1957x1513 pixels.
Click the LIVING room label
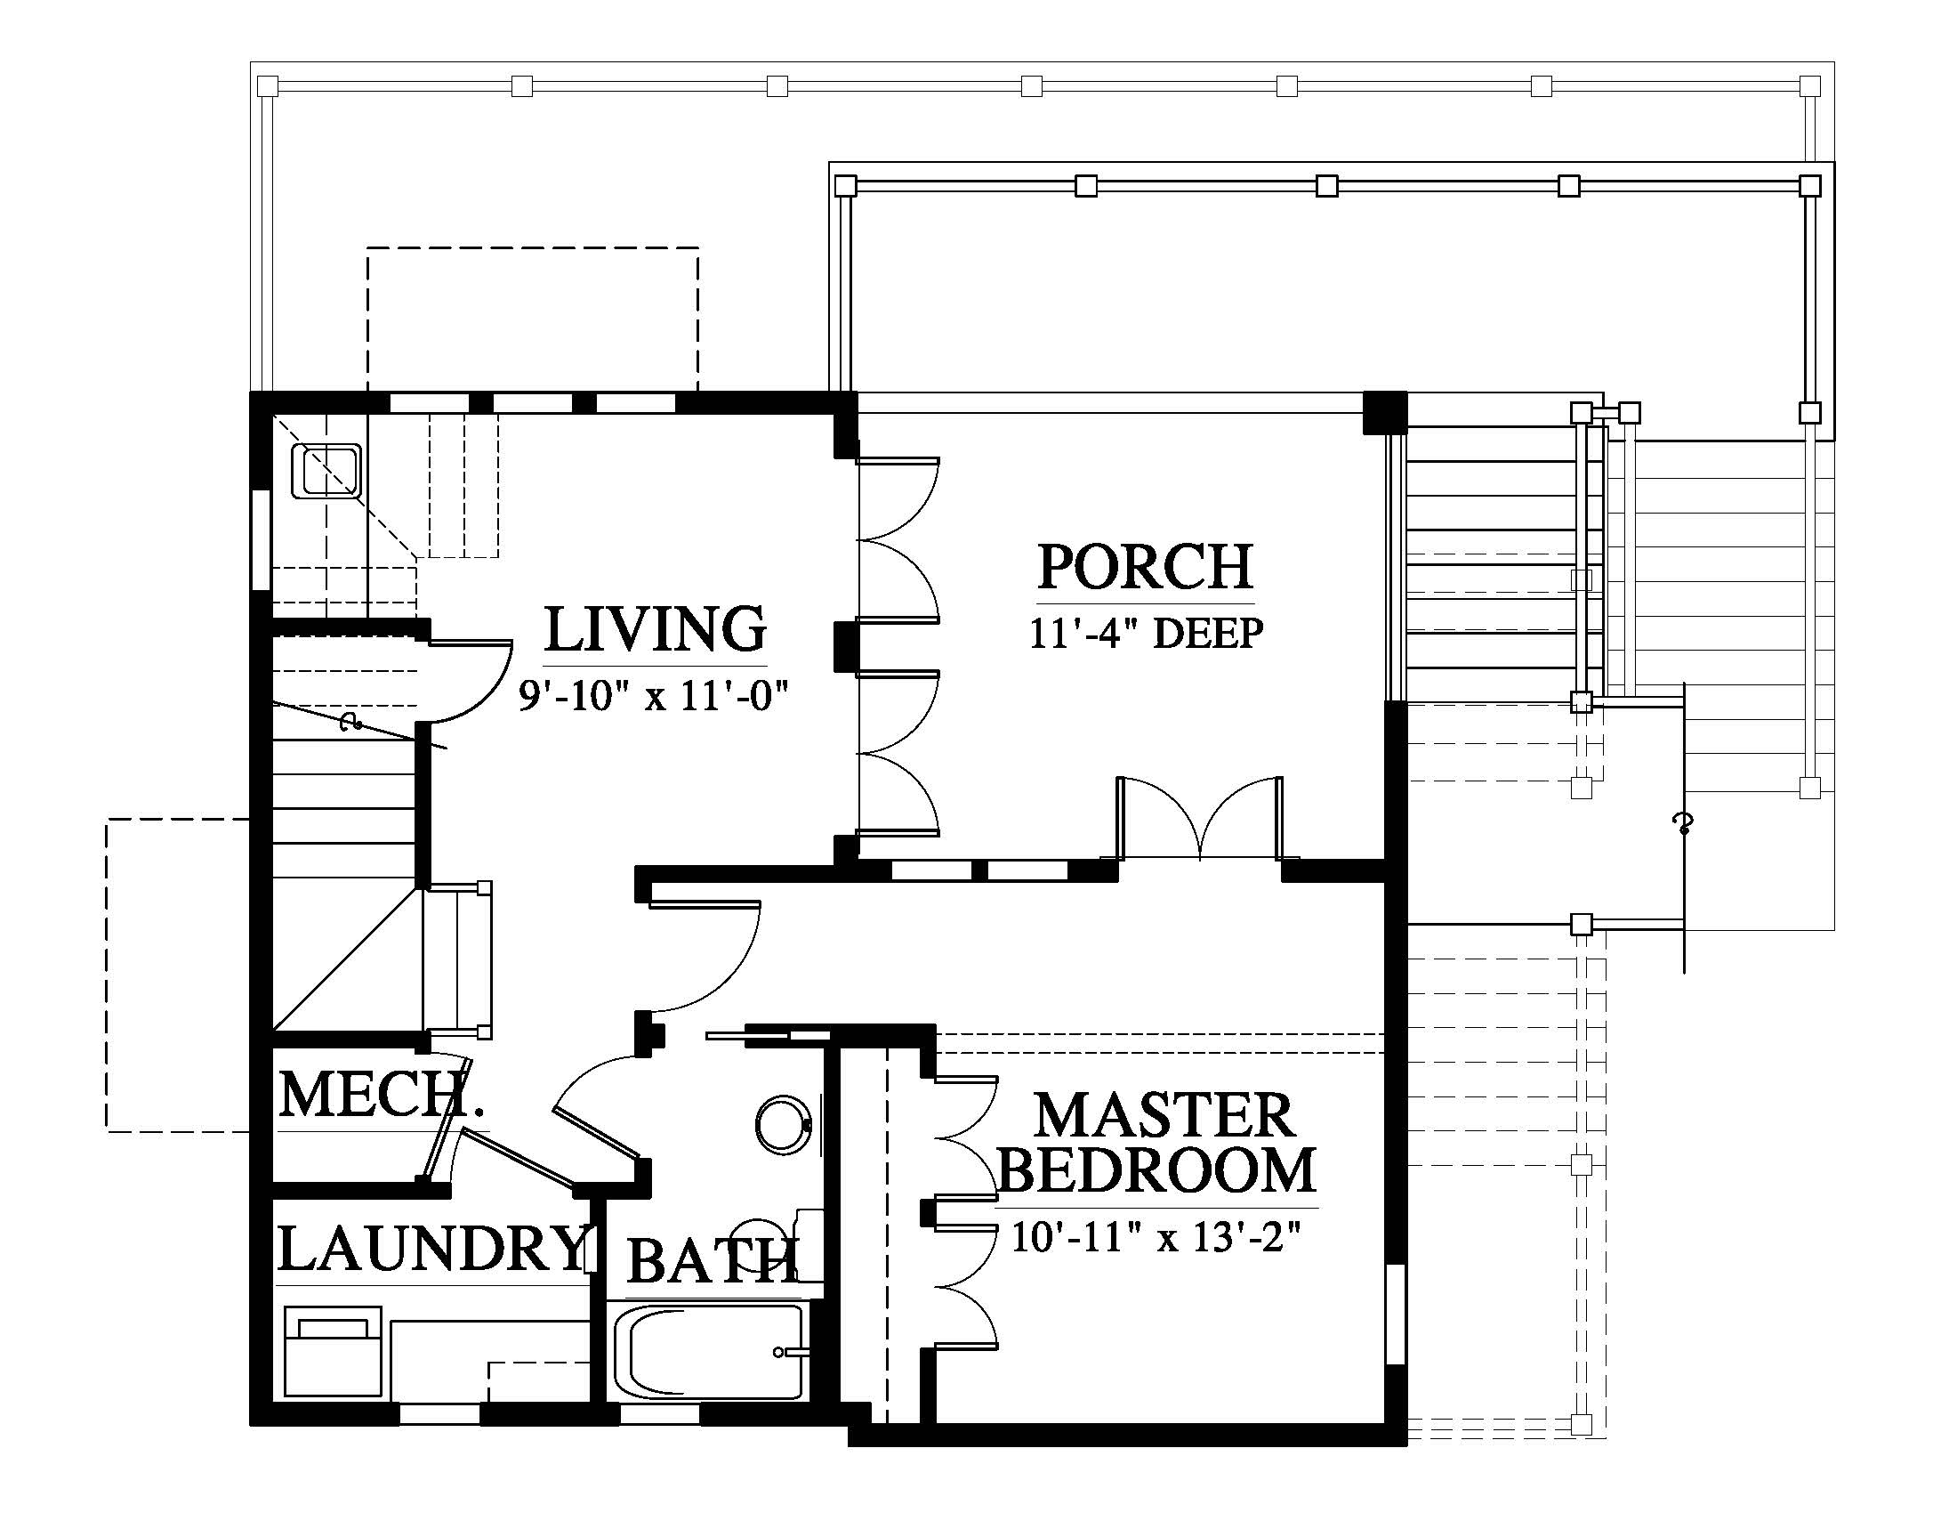pos(655,629)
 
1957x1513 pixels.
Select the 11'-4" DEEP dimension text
pos(1146,633)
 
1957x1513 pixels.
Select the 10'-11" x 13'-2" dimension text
pos(1156,1237)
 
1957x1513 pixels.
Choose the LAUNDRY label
pos(432,1248)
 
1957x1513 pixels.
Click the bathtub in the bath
pos(709,1353)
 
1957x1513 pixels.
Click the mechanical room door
pos(445,1121)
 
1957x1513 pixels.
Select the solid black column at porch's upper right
pos(1384,413)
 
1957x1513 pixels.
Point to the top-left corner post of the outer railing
pos(267,86)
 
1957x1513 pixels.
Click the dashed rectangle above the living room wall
pos(532,320)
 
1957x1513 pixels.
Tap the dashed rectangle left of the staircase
pos(178,975)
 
